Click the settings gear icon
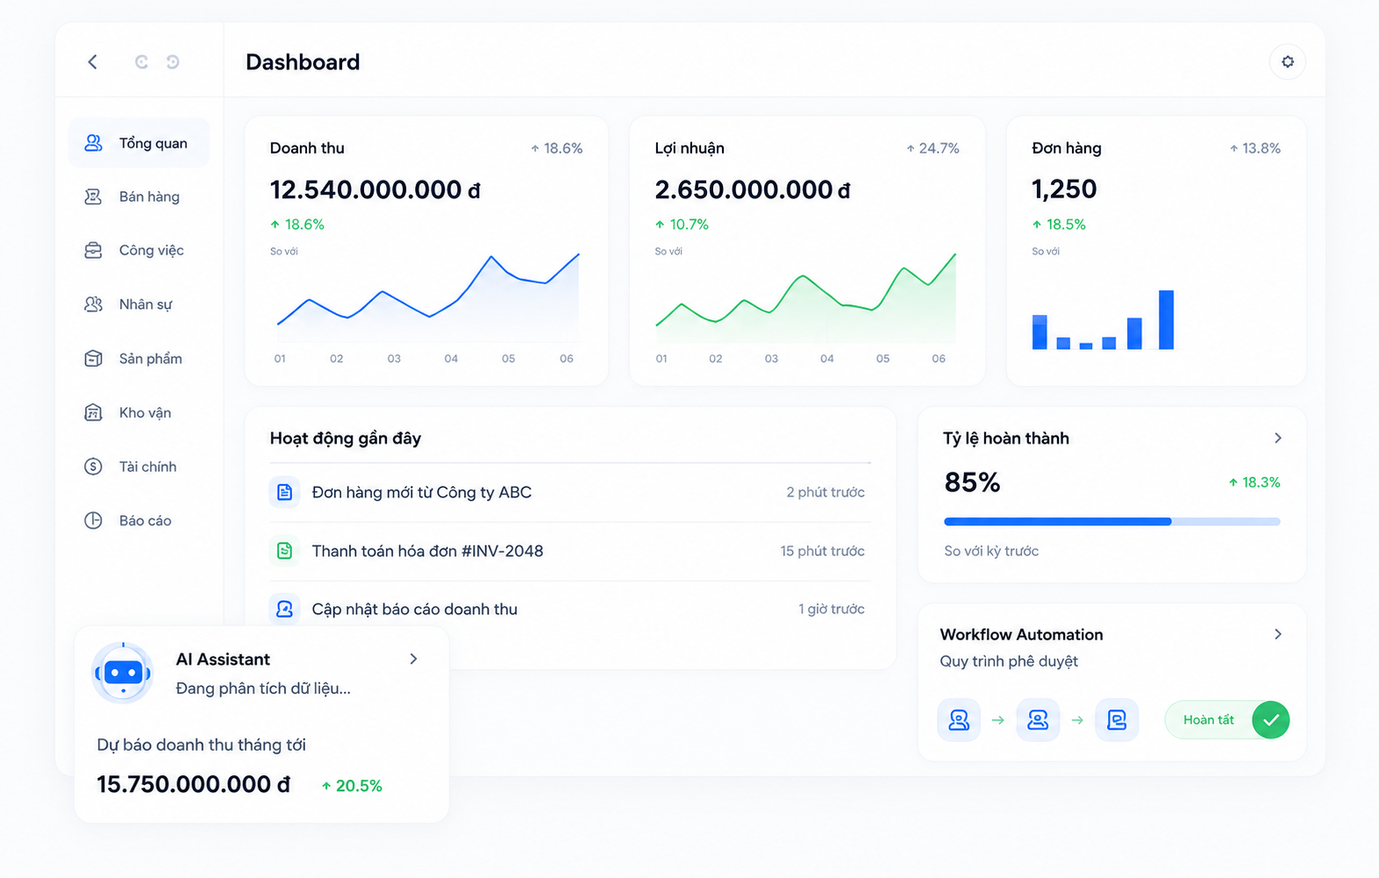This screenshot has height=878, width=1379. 1287,61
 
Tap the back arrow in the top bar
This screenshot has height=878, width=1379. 92,61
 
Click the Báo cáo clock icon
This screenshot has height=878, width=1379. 93,520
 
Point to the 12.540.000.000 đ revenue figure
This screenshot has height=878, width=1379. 375,189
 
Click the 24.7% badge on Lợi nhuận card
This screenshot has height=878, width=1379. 932,148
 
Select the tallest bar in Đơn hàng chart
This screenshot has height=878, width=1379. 1166,319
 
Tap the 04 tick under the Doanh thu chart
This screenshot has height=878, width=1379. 451,359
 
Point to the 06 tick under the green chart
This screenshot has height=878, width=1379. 939,359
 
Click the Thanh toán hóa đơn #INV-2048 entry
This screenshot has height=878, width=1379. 427,551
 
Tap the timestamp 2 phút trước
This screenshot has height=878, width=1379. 825,492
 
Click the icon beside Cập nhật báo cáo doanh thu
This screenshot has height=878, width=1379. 284,609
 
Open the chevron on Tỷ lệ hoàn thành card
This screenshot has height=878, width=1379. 1278,438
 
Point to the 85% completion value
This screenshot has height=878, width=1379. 972,482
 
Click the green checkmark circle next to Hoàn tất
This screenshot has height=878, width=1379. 1270,720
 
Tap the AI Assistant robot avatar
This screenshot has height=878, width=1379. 123,673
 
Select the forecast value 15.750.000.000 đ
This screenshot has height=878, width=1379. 193,784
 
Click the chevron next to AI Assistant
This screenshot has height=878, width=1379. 414,659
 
